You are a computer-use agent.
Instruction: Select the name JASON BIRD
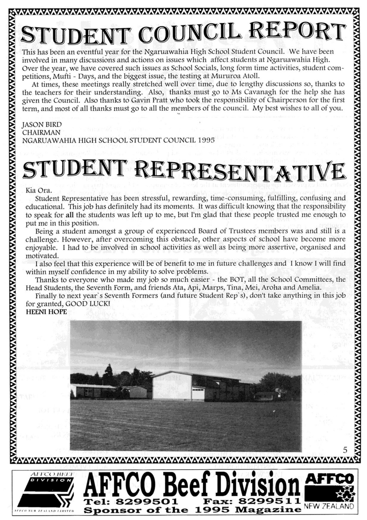[42, 125]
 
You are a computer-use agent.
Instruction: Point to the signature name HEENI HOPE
[46, 312]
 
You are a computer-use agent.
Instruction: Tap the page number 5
[345, 450]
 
